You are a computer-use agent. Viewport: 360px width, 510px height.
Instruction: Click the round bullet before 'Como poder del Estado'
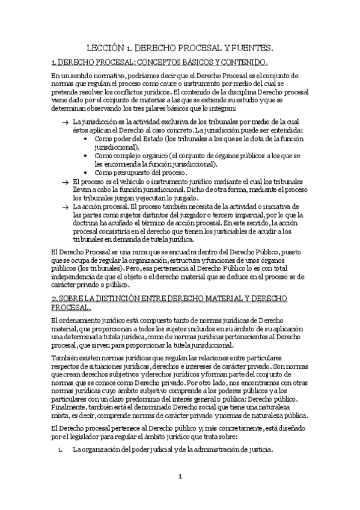[88, 138]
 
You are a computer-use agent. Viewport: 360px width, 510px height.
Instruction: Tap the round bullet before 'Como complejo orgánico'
[88, 155]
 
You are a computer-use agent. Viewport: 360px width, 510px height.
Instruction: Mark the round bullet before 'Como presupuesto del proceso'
[88, 173]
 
